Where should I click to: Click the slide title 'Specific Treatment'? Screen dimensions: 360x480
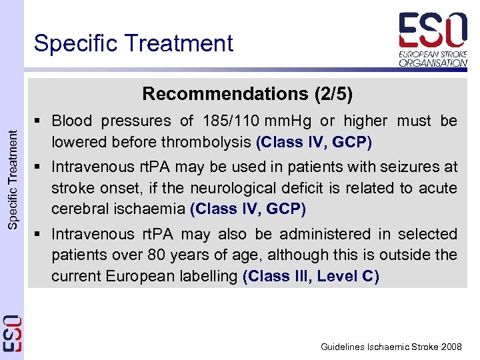[133, 43]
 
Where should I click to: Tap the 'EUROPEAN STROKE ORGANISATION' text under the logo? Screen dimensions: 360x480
[433, 59]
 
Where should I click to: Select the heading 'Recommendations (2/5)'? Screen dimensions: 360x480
[247, 93]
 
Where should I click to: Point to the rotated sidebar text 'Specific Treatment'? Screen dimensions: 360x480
[13, 179]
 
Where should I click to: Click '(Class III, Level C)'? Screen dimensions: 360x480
[311, 276]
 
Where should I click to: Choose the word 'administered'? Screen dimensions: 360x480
[325, 234]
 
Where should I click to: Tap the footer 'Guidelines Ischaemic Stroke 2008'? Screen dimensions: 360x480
[391, 347]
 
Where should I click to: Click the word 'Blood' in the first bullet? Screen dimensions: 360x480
[71, 121]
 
